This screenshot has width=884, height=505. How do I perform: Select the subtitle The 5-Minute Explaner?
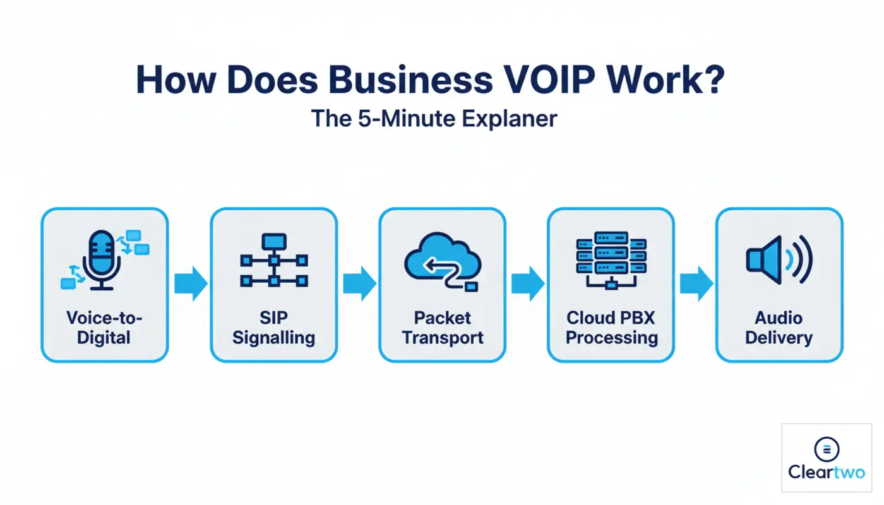(x=434, y=119)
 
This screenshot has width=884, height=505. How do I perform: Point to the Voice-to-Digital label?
(x=104, y=328)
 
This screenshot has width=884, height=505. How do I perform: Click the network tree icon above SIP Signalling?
(x=273, y=261)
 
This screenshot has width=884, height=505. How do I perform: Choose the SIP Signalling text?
(x=273, y=328)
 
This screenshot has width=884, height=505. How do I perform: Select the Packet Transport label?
(x=442, y=328)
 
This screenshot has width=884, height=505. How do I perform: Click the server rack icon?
(x=611, y=259)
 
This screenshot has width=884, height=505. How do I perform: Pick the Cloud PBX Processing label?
(x=611, y=328)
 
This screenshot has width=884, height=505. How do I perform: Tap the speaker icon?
(x=779, y=259)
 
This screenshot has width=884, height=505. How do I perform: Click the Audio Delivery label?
(x=779, y=328)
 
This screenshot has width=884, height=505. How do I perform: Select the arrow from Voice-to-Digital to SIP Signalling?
(x=190, y=283)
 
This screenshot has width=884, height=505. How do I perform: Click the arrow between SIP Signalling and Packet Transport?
(x=359, y=283)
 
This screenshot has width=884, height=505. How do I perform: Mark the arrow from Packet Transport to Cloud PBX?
(x=527, y=283)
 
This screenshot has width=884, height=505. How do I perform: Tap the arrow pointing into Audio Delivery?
(x=696, y=283)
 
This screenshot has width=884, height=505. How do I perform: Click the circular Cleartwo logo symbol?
(x=827, y=449)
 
